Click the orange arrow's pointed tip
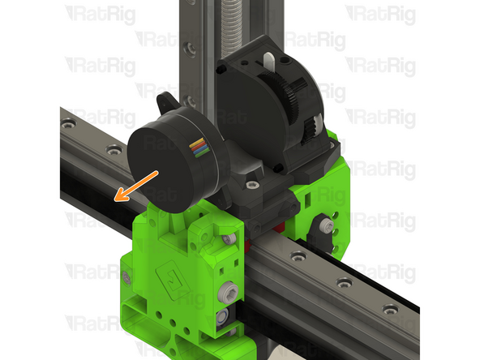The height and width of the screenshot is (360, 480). tap(116, 198)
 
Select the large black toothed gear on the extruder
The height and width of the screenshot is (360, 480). tap(294, 85)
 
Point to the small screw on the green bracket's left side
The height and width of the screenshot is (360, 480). tap(127, 277)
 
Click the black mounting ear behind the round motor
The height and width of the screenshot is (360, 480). tap(165, 105)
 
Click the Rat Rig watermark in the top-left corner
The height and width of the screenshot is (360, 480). tap(101, 14)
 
